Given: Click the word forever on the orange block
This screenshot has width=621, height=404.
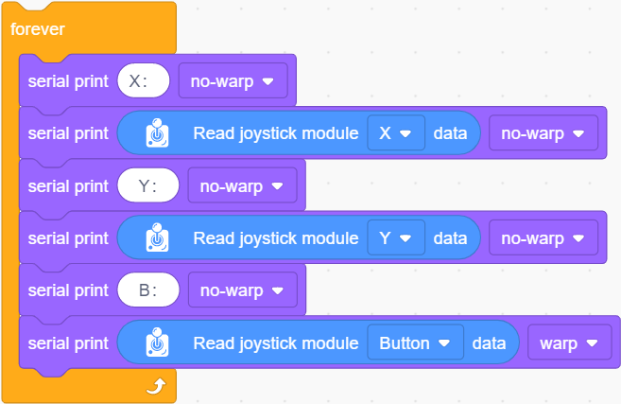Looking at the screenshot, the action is pyautogui.click(x=37, y=29).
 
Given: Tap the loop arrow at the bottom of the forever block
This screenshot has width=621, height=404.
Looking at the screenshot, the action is pyautogui.click(x=156, y=386).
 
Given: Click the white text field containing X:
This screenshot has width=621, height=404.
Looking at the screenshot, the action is pyautogui.click(x=144, y=80).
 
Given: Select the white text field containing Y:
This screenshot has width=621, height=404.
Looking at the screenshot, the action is pyautogui.click(x=148, y=185).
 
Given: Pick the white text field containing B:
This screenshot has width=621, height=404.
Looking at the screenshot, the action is pyautogui.click(x=148, y=290).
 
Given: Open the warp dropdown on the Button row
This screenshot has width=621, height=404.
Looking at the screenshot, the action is pyautogui.click(x=570, y=343).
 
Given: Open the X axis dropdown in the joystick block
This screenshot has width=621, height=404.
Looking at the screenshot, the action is pyautogui.click(x=396, y=133).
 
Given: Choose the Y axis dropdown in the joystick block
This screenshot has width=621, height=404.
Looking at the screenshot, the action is pyautogui.click(x=396, y=237).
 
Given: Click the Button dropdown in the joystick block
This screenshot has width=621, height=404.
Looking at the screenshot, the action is pyautogui.click(x=416, y=343).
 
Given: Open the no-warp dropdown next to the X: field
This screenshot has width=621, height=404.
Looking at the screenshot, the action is pyautogui.click(x=233, y=80).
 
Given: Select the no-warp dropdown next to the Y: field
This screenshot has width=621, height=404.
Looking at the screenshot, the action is pyautogui.click(x=242, y=185).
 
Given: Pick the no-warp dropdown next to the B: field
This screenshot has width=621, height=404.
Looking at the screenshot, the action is pyautogui.click(x=242, y=290).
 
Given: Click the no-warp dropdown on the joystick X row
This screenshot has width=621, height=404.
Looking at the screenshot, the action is pyautogui.click(x=543, y=133).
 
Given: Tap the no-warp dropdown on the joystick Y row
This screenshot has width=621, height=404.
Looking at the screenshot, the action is pyautogui.click(x=543, y=237).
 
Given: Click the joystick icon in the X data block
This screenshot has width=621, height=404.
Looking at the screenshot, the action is pyautogui.click(x=157, y=132).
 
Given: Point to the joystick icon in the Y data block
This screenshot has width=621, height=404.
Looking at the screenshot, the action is pyautogui.click(x=157, y=237).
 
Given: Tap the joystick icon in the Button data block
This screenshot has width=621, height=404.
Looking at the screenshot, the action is pyautogui.click(x=157, y=343).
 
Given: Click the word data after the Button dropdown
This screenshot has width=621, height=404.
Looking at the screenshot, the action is pyautogui.click(x=489, y=343).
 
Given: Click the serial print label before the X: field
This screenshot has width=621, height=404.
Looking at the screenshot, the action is pyautogui.click(x=68, y=81).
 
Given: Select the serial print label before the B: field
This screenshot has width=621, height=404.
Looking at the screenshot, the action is pyautogui.click(x=68, y=291).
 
